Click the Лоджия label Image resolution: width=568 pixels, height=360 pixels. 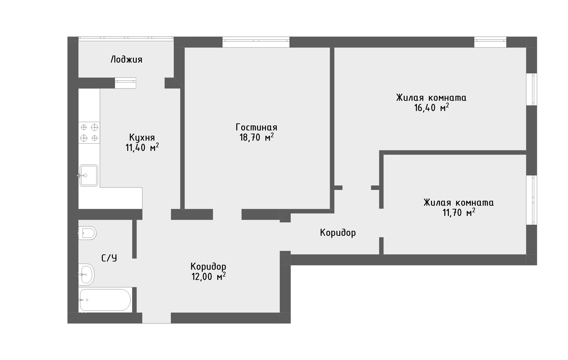pyautogui.click(x=126, y=60)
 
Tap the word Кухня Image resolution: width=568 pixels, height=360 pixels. pyautogui.click(x=142, y=138)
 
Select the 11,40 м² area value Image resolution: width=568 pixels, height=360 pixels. pyautogui.click(x=142, y=147)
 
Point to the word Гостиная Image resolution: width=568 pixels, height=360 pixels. pyautogui.click(x=256, y=127)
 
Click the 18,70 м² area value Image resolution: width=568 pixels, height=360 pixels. pyautogui.click(x=256, y=137)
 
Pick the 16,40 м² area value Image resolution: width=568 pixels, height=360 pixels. pyautogui.click(x=431, y=107)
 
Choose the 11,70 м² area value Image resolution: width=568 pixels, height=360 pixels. pyautogui.click(x=459, y=212)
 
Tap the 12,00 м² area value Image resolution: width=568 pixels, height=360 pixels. pyautogui.click(x=209, y=277)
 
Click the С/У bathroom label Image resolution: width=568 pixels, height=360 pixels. pyautogui.click(x=109, y=258)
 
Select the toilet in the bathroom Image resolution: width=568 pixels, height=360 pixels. pyautogui.click(x=87, y=233)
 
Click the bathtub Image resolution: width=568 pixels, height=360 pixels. pyautogui.click(x=105, y=300)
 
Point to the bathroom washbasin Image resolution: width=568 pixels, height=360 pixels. pyautogui.click(x=86, y=274)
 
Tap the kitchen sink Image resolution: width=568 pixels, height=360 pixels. pyautogui.click(x=88, y=175)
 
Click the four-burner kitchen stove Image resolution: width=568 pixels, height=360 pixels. pyautogui.click(x=89, y=133)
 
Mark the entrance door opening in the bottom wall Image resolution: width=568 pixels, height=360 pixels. pyautogui.click(x=156, y=318)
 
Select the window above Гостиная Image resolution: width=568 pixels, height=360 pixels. pyautogui.click(x=256, y=42)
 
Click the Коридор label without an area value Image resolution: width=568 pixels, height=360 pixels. pyautogui.click(x=338, y=233)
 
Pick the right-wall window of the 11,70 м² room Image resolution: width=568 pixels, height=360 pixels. pyautogui.click(x=532, y=200)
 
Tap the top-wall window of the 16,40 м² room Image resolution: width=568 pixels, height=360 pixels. pyautogui.click(x=490, y=42)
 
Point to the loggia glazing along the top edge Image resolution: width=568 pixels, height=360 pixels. pyautogui.click(x=126, y=38)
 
